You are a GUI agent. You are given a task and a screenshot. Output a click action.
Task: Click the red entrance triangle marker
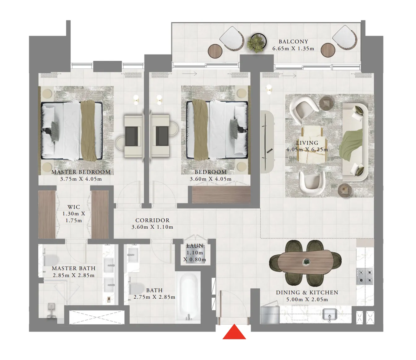point(234,332)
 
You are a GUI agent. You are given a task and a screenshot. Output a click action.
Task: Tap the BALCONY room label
point(293,42)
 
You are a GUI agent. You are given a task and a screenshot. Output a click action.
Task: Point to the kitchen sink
point(330,314)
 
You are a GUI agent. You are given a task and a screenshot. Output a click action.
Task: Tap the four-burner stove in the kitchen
point(365,277)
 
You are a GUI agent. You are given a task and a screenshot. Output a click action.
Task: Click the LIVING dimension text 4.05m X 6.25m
point(307,150)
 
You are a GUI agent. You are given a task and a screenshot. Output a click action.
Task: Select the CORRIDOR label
point(152,220)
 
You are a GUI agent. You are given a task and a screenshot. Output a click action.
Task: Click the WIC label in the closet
point(74,207)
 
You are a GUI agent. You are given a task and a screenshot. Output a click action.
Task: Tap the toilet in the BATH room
point(136,288)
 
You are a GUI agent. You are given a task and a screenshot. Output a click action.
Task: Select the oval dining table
point(305,262)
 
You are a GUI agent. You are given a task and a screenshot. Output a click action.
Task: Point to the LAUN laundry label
point(195,246)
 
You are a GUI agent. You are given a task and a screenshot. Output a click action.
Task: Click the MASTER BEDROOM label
point(81,172)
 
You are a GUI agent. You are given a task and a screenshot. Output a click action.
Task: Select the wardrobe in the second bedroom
point(221,195)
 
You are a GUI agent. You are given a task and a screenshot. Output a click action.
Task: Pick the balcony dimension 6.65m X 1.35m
point(293,49)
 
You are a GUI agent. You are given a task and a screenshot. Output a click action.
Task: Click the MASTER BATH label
point(74,268)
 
